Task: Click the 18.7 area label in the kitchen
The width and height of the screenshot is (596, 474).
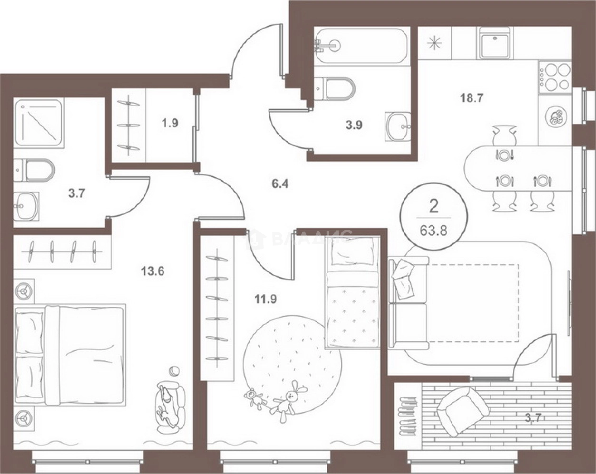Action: click(x=471, y=98)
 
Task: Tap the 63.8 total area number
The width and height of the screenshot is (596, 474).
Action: click(x=433, y=230)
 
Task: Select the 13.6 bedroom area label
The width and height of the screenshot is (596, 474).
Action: click(x=153, y=271)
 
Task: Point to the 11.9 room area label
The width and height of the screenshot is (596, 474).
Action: click(x=266, y=299)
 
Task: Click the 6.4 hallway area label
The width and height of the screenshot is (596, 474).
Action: click(x=280, y=184)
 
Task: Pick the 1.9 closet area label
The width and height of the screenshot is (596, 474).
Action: click(x=170, y=123)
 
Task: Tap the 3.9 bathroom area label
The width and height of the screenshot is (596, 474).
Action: click(x=354, y=125)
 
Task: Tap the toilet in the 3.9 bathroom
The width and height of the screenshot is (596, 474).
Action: click(x=335, y=88)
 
